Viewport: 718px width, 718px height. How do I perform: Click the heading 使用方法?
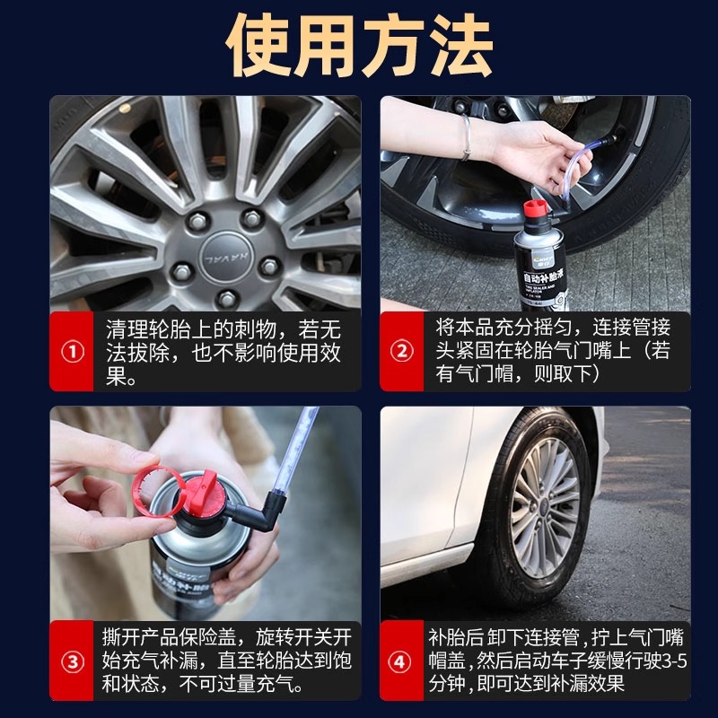pyautogui.click(x=360, y=46)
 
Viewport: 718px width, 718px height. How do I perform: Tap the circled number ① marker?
pyautogui.click(x=73, y=352)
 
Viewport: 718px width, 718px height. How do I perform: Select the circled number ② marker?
pyautogui.click(x=401, y=351)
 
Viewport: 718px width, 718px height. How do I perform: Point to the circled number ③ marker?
pyautogui.click(x=73, y=662)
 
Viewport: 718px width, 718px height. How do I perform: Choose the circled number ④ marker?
pyautogui.click(x=399, y=662)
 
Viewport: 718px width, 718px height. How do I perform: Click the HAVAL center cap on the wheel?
pyautogui.click(x=226, y=258)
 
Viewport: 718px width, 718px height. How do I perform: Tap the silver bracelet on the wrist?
pyautogui.click(x=466, y=136)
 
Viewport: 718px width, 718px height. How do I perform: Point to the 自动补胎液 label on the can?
pyautogui.click(x=545, y=277)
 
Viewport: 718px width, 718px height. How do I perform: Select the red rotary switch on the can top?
pyautogui.click(x=206, y=492)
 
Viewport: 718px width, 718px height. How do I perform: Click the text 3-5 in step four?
pyautogui.click(x=675, y=661)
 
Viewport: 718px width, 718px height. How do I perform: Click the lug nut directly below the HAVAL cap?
pyautogui.click(x=227, y=299)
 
